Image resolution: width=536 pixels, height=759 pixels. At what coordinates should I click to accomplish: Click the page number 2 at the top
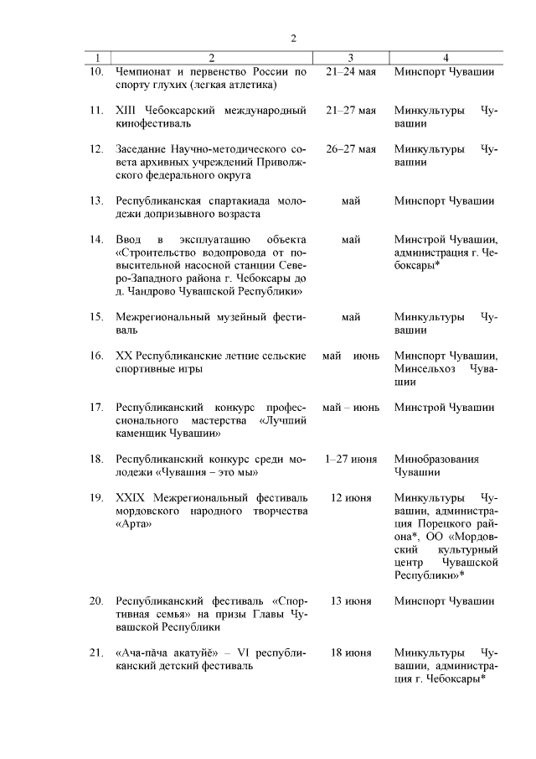point(293,38)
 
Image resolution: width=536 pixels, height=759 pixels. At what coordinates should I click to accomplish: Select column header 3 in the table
point(351,58)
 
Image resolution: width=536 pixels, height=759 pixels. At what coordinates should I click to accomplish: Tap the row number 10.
point(97,71)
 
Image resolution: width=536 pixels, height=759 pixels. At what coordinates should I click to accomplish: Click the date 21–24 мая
point(351,71)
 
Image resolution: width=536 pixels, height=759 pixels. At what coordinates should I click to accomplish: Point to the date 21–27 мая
point(351,110)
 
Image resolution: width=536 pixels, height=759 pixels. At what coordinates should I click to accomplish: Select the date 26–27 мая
point(351,148)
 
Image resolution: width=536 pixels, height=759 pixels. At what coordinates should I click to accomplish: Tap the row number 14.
point(97,240)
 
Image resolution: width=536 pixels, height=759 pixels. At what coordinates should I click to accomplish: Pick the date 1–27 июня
point(351,459)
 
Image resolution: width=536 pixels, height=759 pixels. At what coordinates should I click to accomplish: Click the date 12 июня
point(351,497)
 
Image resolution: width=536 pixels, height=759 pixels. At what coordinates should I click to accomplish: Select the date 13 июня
point(351,600)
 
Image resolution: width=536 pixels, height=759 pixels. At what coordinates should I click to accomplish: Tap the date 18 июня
point(351,652)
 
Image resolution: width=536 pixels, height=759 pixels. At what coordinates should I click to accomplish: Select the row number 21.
point(97,652)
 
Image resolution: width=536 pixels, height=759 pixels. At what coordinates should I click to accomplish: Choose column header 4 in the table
point(445,58)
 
